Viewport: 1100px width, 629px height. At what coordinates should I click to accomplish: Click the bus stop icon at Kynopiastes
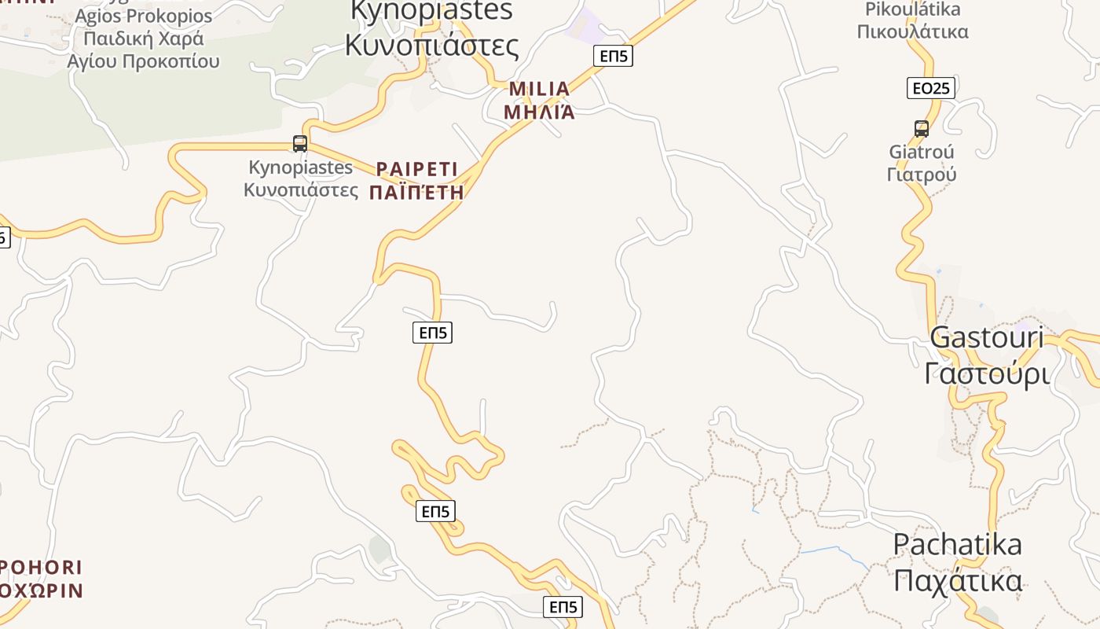(x=299, y=143)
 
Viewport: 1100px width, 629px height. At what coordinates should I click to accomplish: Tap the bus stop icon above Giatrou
(x=921, y=128)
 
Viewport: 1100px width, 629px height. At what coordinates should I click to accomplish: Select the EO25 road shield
(x=930, y=88)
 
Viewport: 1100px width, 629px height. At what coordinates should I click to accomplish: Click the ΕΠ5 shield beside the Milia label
(x=613, y=55)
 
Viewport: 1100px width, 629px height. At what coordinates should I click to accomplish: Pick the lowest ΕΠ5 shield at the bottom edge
(x=563, y=607)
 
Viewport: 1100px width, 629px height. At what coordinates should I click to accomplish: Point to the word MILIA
(x=539, y=89)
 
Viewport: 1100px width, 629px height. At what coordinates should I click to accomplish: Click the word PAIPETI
(x=416, y=169)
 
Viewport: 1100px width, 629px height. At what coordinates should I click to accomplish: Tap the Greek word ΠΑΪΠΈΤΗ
(x=416, y=193)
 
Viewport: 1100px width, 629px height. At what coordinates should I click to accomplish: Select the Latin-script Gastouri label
(x=986, y=337)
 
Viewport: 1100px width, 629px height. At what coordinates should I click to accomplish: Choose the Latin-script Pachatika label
(x=957, y=544)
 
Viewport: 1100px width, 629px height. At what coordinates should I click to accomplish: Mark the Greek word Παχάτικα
(x=957, y=581)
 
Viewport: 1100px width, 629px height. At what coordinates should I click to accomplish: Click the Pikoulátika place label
(x=912, y=10)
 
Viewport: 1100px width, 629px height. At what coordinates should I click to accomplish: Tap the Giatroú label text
(x=921, y=152)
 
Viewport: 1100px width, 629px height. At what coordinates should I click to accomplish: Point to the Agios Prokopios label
(x=144, y=16)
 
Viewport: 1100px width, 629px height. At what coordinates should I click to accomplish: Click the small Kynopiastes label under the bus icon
(x=300, y=167)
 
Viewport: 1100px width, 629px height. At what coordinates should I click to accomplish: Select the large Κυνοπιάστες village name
(x=431, y=45)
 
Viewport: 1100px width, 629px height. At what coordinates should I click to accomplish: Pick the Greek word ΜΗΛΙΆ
(x=539, y=112)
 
